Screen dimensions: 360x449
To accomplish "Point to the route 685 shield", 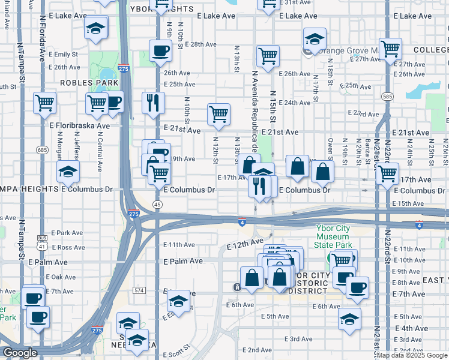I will point(41,149).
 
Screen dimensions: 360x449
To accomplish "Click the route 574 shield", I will point(139,290).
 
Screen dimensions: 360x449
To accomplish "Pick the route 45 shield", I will point(157,205).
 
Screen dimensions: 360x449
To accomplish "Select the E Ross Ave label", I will point(68,247).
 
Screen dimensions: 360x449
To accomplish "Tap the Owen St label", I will point(330,144).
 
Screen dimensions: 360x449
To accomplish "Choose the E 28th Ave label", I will point(200,44).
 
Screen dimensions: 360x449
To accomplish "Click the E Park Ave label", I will point(67,232).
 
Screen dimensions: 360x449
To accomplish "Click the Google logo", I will point(20,353).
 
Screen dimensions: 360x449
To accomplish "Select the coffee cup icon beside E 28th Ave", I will point(160,50).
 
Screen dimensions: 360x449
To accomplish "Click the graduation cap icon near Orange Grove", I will point(315,39).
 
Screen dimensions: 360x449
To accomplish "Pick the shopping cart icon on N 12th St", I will point(218,114).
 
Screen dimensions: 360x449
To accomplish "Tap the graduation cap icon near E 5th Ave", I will point(349,319).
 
